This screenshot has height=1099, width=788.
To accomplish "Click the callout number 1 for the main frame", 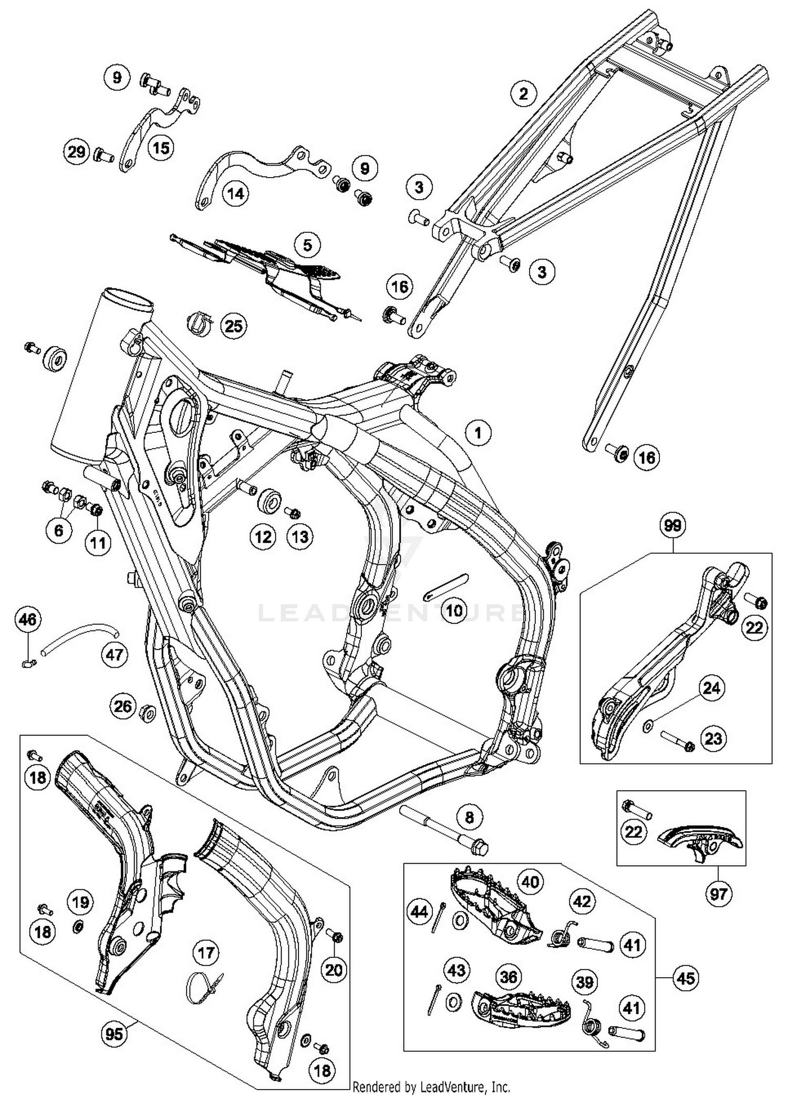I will pyautogui.click(x=478, y=433).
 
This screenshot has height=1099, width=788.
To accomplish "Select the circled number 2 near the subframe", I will pyautogui.click(x=523, y=94).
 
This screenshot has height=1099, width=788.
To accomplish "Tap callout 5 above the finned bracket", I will pyautogui.click(x=307, y=244).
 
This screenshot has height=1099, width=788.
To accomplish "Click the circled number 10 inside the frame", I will pyautogui.click(x=454, y=610).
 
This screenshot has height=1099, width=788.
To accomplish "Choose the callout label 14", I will pyautogui.click(x=236, y=194).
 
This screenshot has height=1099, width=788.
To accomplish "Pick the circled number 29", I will pyautogui.click(x=77, y=152).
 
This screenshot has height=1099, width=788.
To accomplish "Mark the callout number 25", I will pyautogui.click(x=234, y=326).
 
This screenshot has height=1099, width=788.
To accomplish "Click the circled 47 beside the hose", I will pyautogui.click(x=115, y=655).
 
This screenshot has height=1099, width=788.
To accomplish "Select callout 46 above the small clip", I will pyautogui.click(x=28, y=619).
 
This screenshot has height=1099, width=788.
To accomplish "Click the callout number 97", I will pyautogui.click(x=718, y=894).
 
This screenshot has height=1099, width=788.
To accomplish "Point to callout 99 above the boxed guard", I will pyautogui.click(x=672, y=525).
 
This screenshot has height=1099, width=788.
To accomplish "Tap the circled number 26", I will pyautogui.click(x=123, y=706).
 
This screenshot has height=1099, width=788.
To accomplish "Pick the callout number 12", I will pyautogui.click(x=263, y=536).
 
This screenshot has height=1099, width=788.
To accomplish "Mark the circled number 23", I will pyautogui.click(x=713, y=739).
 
